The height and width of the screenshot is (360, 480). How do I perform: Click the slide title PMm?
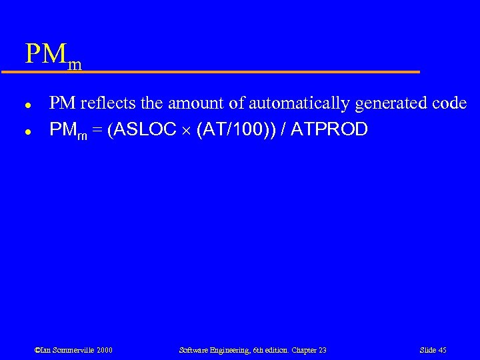click(53, 55)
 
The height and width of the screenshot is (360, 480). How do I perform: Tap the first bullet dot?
click(27, 105)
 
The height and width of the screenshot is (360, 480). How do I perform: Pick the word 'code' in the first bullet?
click(449, 103)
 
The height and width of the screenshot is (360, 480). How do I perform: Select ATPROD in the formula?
click(330, 129)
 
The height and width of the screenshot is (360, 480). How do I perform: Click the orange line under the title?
click(220, 71)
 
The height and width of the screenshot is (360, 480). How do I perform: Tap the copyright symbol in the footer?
click(37, 350)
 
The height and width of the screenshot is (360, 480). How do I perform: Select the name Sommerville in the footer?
click(71, 350)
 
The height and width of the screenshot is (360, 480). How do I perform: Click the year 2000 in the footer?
click(103, 350)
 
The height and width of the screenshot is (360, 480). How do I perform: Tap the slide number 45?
click(441, 350)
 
